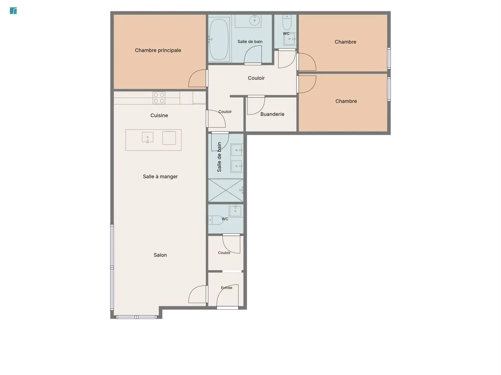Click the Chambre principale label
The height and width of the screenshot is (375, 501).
[x=158, y=50]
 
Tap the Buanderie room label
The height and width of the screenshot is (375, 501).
[x=272, y=114]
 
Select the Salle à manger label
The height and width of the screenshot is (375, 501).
[x=160, y=177]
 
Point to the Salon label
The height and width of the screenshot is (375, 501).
[x=160, y=255]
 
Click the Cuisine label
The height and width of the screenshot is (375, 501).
[x=159, y=115]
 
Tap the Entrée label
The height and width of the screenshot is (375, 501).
[x=226, y=288]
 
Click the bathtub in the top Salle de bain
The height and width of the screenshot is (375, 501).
[x=219, y=40]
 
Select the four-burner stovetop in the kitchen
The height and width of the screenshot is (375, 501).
[x=159, y=98]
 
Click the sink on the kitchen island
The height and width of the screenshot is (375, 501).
[x=148, y=138]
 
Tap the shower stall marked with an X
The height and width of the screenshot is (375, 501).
[x=226, y=190]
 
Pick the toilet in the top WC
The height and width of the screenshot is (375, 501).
[x=287, y=22]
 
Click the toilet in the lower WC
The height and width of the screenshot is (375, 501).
[x=216, y=220]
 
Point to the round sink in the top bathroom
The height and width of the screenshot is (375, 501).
[x=255, y=20]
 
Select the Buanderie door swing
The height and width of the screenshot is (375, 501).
[x=256, y=105]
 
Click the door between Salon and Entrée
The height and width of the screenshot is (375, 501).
[x=198, y=294]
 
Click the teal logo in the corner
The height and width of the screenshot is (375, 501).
[x=13, y=11]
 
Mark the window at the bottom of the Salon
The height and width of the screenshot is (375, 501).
[x=136, y=317]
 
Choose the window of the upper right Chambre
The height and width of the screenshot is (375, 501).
[x=389, y=58]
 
